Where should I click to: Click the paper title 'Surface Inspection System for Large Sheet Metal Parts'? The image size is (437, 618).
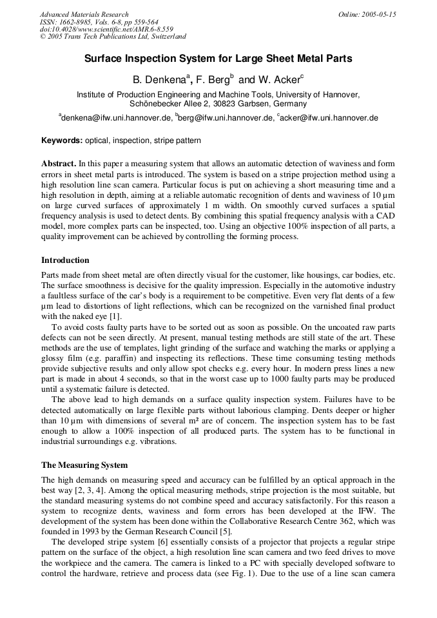(218, 59)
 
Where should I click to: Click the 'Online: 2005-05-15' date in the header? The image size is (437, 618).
(367, 14)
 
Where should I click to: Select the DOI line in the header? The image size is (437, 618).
(106, 29)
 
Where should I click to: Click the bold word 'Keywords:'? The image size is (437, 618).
(62, 140)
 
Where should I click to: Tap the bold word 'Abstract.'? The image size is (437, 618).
(59, 164)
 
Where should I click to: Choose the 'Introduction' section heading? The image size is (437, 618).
(65, 260)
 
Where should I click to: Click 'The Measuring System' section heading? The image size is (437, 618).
(84, 465)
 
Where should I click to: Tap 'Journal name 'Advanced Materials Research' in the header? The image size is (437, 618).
(84, 14)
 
